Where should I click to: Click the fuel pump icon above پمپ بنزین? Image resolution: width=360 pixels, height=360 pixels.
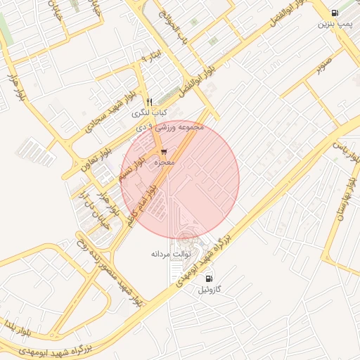coord(334,13)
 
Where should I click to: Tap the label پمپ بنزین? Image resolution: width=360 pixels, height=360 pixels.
coord(333,24)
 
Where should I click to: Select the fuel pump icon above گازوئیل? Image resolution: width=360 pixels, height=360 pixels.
coord(209,278)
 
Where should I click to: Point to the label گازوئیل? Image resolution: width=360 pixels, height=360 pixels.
coord(209,290)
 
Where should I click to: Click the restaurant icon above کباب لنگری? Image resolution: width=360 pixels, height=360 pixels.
coord(149,103)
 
